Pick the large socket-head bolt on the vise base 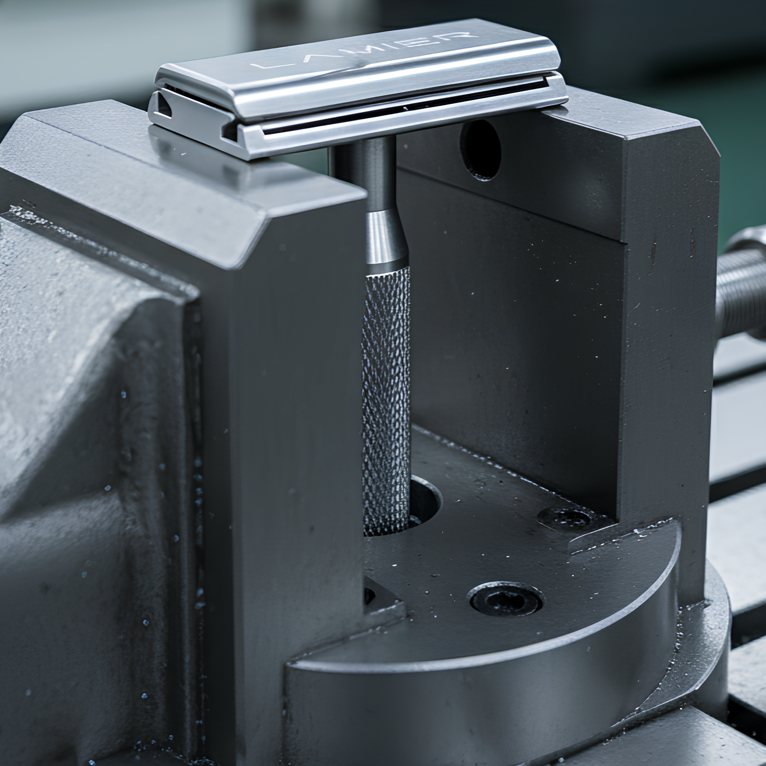pos(507,598)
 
